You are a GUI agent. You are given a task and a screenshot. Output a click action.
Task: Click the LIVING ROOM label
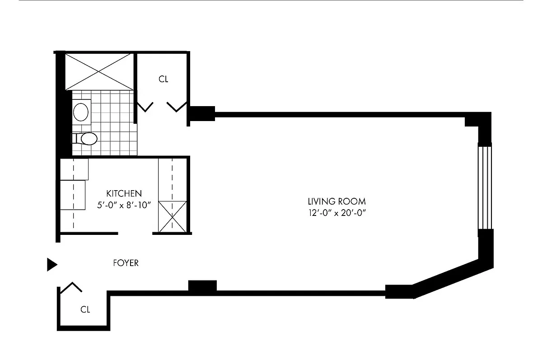pyautogui.click(x=336, y=201)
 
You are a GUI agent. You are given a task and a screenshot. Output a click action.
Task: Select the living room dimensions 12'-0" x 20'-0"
pyautogui.click(x=336, y=213)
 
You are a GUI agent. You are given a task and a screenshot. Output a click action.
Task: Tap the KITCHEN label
pyautogui.click(x=124, y=193)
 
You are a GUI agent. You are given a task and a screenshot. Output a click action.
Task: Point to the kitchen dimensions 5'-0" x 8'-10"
pyautogui.click(x=123, y=205)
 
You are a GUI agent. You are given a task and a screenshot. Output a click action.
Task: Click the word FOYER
pyautogui.click(x=126, y=263)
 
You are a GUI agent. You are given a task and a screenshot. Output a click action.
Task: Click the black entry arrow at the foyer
pyautogui.click(x=52, y=265)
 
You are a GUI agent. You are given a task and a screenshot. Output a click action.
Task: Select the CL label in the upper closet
pyautogui.click(x=163, y=79)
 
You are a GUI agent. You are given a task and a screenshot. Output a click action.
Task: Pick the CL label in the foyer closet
pyautogui.click(x=85, y=310)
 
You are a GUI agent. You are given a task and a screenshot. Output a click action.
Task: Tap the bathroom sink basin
pyautogui.click(x=81, y=112)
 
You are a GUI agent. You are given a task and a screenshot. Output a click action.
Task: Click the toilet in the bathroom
pyautogui.click(x=86, y=139)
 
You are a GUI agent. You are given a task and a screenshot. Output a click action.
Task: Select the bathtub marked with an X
pyautogui.click(x=99, y=71)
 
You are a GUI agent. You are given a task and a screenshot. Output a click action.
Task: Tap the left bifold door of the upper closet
pyautogui.click(x=145, y=107)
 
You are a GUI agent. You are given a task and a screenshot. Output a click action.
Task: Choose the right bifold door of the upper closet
pyautogui.click(x=177, y=107)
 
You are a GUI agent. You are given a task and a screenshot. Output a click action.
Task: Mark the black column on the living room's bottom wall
pyautogui.click(x=202, y=286)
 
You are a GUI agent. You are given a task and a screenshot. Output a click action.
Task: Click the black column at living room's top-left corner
pyautogui.click(x=201, y=114)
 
